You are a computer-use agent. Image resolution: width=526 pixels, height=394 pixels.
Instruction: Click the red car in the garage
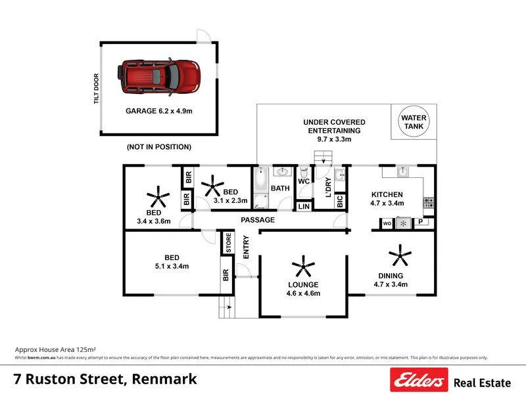[160, 75]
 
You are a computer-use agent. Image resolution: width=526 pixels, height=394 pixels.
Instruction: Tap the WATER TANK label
[414, 122]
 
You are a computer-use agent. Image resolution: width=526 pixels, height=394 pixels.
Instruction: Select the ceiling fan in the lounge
[303, 267]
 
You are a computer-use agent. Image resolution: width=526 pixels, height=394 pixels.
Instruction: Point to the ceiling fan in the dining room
[399, 254]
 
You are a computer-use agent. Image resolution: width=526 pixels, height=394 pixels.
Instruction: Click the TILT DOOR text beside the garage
[96, 88]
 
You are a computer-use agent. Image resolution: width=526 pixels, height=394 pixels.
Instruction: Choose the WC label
[304, 181]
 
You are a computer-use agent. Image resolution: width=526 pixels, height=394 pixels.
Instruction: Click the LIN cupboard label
[303, 207]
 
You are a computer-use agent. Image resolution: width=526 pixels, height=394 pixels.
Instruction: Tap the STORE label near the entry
[228, 243]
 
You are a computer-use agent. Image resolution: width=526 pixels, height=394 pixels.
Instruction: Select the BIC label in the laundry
[339, 202]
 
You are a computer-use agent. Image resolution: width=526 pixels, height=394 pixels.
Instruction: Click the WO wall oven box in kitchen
[387, 223]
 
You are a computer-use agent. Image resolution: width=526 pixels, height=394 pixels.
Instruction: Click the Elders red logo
[419, 380]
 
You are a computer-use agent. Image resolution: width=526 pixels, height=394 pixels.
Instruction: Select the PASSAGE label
[258, 219]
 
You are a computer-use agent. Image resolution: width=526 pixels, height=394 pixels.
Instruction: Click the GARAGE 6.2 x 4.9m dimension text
[159, 111]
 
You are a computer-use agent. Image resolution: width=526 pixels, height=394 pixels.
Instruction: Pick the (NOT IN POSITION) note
[159, 146]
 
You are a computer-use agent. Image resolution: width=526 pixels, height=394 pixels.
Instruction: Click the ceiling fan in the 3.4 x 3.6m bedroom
[157, 195]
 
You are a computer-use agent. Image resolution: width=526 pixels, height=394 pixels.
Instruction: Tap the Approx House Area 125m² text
[55, 349]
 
